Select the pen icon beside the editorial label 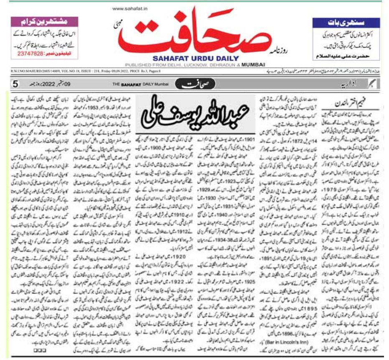coord(372,84)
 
